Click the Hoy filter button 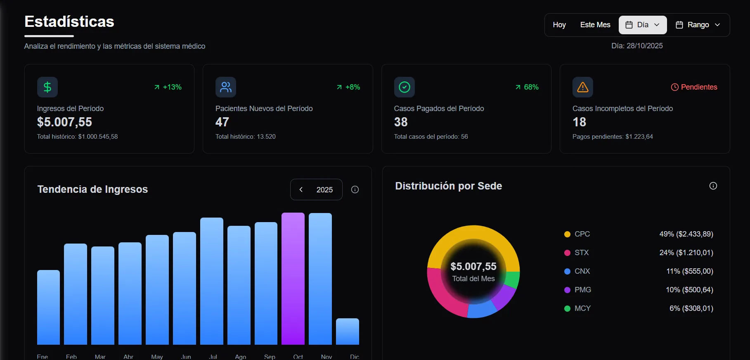coord(559,25)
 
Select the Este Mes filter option coord(595,25)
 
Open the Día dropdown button coord(642,25)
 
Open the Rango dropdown coord(698,25)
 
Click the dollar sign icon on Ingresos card coord(47,87)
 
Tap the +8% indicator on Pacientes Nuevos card coord(348,87)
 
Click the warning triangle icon coord(582,87)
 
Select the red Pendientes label coord(694,87)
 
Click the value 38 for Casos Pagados coord(400,122)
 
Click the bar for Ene coord(48,308)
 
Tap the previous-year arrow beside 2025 coord(301,189)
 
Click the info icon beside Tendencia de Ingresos coord(355,189)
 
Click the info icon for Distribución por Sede coord(713,186)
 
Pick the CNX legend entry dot coord(567,271)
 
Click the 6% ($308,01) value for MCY coord(691,308)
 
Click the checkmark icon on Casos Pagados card coord(404,87)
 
